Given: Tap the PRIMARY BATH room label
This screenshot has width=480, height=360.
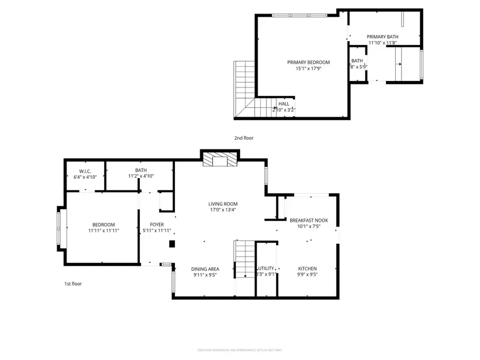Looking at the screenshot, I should tap(382, 37).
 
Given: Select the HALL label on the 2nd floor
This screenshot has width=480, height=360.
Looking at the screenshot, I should tap(284, 104).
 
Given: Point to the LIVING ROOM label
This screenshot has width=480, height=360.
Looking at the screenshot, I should tap(223, 204).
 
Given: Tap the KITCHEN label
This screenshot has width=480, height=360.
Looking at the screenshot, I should tap(308, 269).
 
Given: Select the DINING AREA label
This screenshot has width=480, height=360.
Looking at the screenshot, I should tap(205, 269).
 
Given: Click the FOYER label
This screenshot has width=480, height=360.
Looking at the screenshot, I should tap(156, 225).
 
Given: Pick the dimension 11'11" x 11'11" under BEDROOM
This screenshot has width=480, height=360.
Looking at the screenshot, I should tap(103, 231).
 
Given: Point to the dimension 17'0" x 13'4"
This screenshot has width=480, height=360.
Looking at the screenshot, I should tap(223, 210).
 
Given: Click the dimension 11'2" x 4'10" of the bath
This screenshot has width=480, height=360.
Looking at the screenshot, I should tap(141, 177).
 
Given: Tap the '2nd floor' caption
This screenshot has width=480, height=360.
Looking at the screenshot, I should tap(244, 138).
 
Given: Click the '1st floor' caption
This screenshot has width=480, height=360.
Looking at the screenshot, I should tap(73, 284).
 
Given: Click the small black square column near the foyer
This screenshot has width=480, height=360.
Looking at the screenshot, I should tap(172, 244).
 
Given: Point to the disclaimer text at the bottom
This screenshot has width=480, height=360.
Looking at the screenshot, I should tap(239, 350).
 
